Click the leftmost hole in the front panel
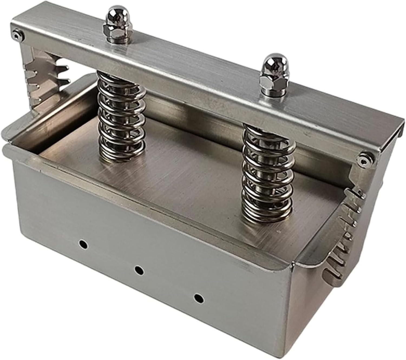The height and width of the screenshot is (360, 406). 83,244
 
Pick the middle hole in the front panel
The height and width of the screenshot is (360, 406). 139,270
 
